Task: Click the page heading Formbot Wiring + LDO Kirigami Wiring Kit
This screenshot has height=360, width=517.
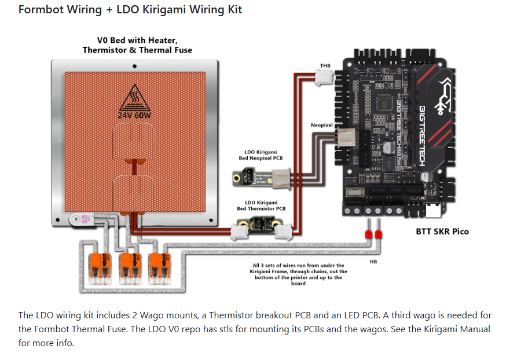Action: point(130,9)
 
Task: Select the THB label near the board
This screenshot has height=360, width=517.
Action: point(325,66)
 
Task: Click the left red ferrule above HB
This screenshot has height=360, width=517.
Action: point(367,234)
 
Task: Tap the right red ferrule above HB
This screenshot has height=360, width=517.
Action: point(379,234)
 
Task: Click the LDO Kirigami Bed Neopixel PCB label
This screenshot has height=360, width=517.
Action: point(261,155)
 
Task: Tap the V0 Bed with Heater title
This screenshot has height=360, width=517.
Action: point(137,45)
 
